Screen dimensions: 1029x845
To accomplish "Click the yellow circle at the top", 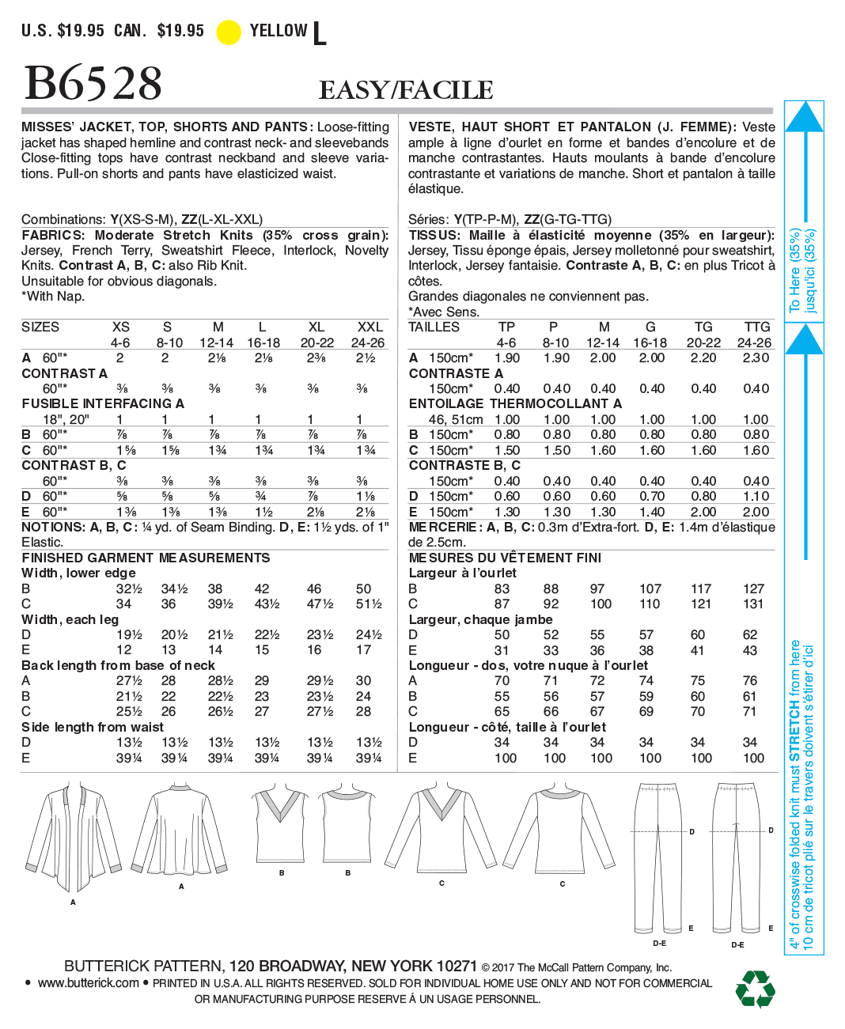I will click(229, 32).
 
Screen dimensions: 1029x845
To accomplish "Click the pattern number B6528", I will click(93, 83).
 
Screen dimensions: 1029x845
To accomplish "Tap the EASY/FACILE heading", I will click(406, 90).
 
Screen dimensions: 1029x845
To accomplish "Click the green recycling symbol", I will click(755, 989).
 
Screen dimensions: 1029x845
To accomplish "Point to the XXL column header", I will click(369, 327).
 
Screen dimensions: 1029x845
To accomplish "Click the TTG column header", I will click(756, 327).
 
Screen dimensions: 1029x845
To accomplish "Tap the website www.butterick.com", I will click(88, 983).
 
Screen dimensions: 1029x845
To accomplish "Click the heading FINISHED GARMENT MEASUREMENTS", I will click(146, 558).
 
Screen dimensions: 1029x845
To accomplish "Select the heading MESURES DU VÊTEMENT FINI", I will click(505, 558).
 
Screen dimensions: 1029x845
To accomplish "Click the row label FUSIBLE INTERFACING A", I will click(103, 404).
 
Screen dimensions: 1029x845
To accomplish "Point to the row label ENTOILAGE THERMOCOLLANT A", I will click(515, 404).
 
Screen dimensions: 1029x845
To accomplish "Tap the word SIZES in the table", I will click(40, 327).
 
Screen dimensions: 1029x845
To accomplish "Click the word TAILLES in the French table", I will click(434, 327).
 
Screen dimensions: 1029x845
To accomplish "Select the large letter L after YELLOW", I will click(320, 34).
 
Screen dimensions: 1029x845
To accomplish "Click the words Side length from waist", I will click(93, 728).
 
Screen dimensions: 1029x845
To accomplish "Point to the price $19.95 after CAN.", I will click(180, 31).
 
